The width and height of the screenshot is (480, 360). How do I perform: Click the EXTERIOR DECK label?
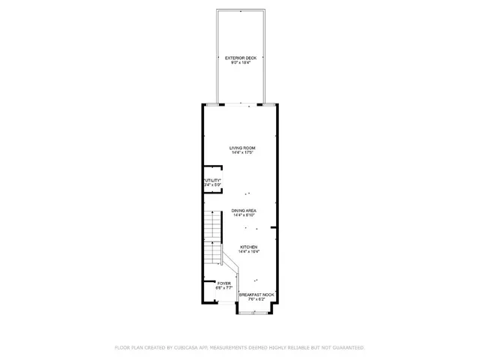pos(241,58)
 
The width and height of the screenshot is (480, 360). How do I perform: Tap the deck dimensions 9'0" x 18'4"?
pos(241,63)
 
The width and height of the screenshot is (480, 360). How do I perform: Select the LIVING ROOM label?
pos(242,148)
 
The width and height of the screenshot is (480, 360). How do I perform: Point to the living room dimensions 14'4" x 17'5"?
pos(242,153)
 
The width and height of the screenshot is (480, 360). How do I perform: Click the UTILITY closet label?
pos(212,180)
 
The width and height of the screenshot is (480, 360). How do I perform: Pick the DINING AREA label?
pos(244,211)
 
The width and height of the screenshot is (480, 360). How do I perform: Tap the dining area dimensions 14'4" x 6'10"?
pos(244,216)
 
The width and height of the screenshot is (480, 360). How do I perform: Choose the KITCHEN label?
pos(248,247)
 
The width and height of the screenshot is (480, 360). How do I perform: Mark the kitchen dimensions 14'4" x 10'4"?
pos(248,252)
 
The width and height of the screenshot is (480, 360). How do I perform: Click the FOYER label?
pos(224,283)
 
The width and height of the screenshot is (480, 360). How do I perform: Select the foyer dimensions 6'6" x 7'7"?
pos(224,288)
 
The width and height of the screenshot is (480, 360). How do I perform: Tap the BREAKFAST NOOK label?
pos(256,294)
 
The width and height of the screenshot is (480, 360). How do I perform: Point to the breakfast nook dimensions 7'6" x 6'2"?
pos(256,299)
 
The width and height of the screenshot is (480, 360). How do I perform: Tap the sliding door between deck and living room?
pos(241,103)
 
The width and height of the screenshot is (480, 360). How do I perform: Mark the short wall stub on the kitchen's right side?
pos(274,227)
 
